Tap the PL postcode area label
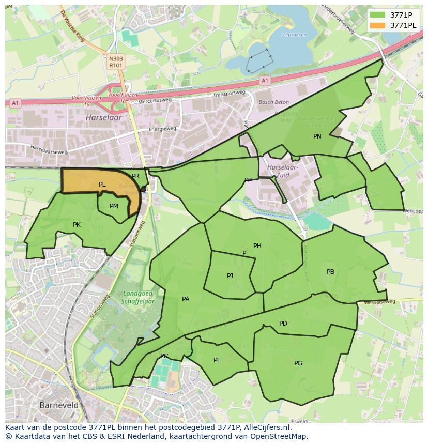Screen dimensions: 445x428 coord(102,185)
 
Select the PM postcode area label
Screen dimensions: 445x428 coord(114,206)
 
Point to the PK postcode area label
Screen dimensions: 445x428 coord(77,225)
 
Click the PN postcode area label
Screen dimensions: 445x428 coord(317,136)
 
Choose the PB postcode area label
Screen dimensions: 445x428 coord(330,272)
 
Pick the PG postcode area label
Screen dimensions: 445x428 coord(298,363)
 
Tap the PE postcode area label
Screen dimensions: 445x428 coord(217,360)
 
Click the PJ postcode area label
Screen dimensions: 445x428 coord(230,276)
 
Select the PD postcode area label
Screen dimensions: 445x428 coord(283,324)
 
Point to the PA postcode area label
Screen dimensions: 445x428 coord(186,299)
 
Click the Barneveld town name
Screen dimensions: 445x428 coord(59,405)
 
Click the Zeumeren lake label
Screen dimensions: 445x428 coord(294,35)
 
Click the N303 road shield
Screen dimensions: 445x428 coord(116,59)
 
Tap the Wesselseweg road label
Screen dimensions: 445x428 coord(380,301)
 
